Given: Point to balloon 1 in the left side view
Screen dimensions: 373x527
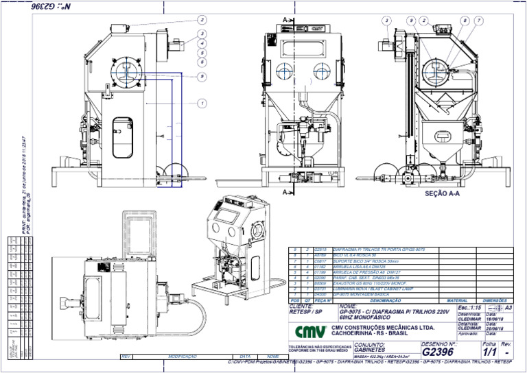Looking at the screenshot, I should pyautogui.click(x=202, y=104).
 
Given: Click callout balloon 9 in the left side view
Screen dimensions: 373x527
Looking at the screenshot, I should pyautogui.click(x=202, y=77).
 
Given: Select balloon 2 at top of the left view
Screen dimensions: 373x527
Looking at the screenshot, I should pyautogui.click(x=202, y=19).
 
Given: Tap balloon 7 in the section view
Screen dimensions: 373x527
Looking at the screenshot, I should pyautogui.click(x=478, y=21).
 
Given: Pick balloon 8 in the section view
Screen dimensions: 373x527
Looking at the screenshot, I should pyautogui.click(x=465, y=21).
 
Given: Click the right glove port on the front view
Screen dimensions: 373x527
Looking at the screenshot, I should pyautogui.click(x=319, y=71).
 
